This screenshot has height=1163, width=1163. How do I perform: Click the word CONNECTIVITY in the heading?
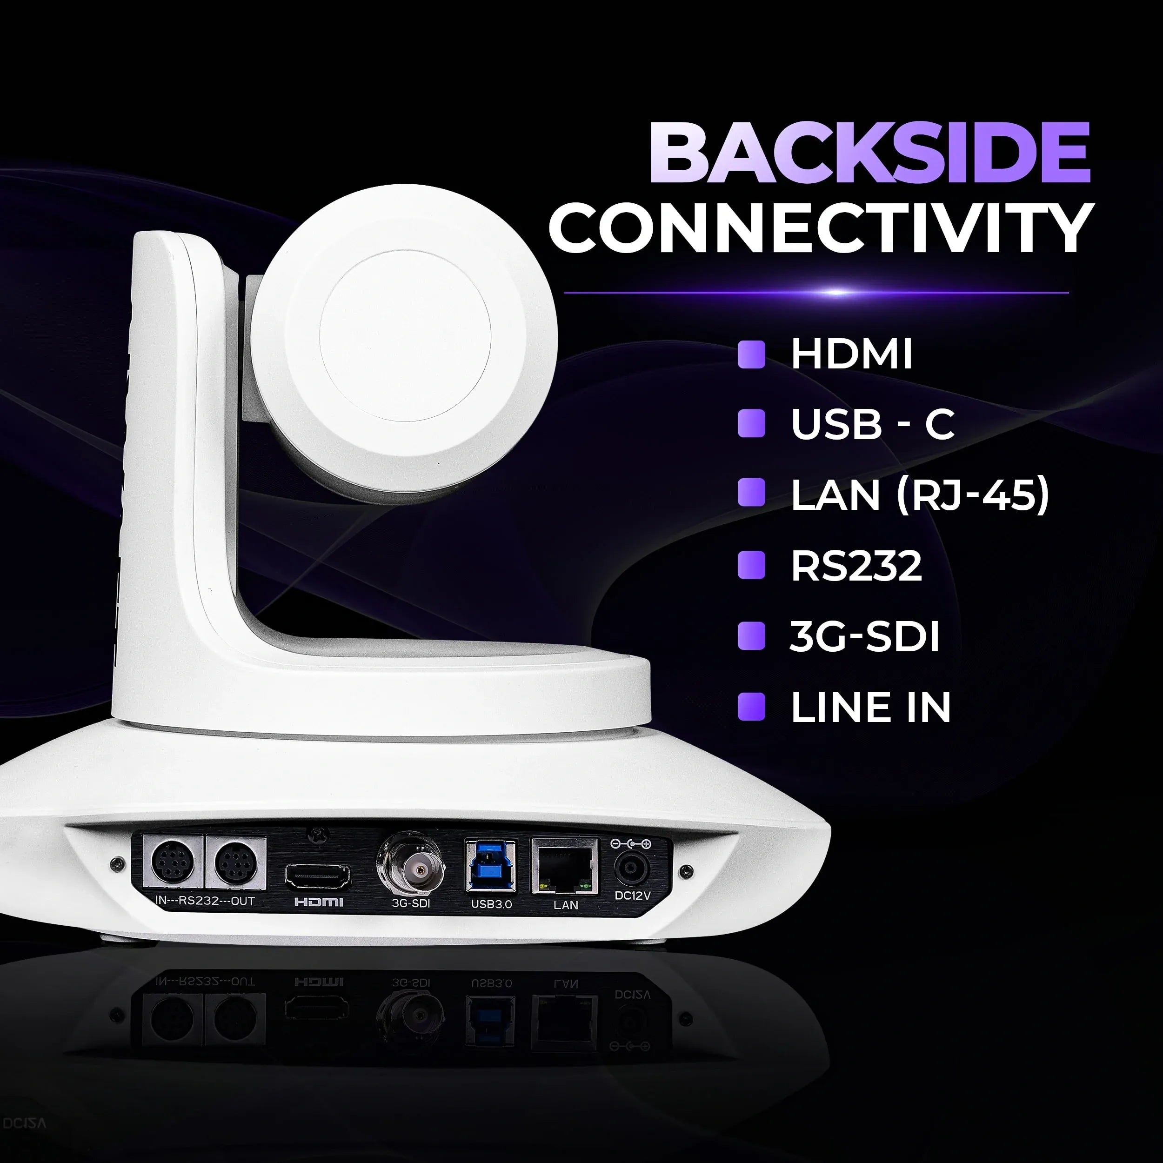pyautogui.click(x=821, y=229)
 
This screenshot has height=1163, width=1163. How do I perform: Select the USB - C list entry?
pyautogui.click(x=872, y=424)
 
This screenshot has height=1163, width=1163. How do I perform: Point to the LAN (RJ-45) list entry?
pyautogui.click(x=919, y=495)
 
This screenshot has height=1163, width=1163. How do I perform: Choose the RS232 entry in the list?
pyautogui.click(x=856, y=566)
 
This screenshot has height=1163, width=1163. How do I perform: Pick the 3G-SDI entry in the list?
pyautogui.click(x=864, y=636)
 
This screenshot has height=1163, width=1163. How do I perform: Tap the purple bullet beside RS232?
pyautogui.click(x=751, y=566)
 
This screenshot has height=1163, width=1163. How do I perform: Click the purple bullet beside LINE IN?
pyautogui.click(x=751, y=707)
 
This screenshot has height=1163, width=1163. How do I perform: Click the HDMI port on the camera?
pyautogui.click(x=318, y=876)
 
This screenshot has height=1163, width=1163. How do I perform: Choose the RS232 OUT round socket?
pyautogui.click(x=236, y=862)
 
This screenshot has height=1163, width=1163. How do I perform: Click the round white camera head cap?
pyautogui.click(x=405, y=336)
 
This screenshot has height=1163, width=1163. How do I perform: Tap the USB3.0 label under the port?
pyautogui.click(x=491, y=904)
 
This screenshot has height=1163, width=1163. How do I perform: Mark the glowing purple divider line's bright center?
pyautogui.click(x=837, y=293)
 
